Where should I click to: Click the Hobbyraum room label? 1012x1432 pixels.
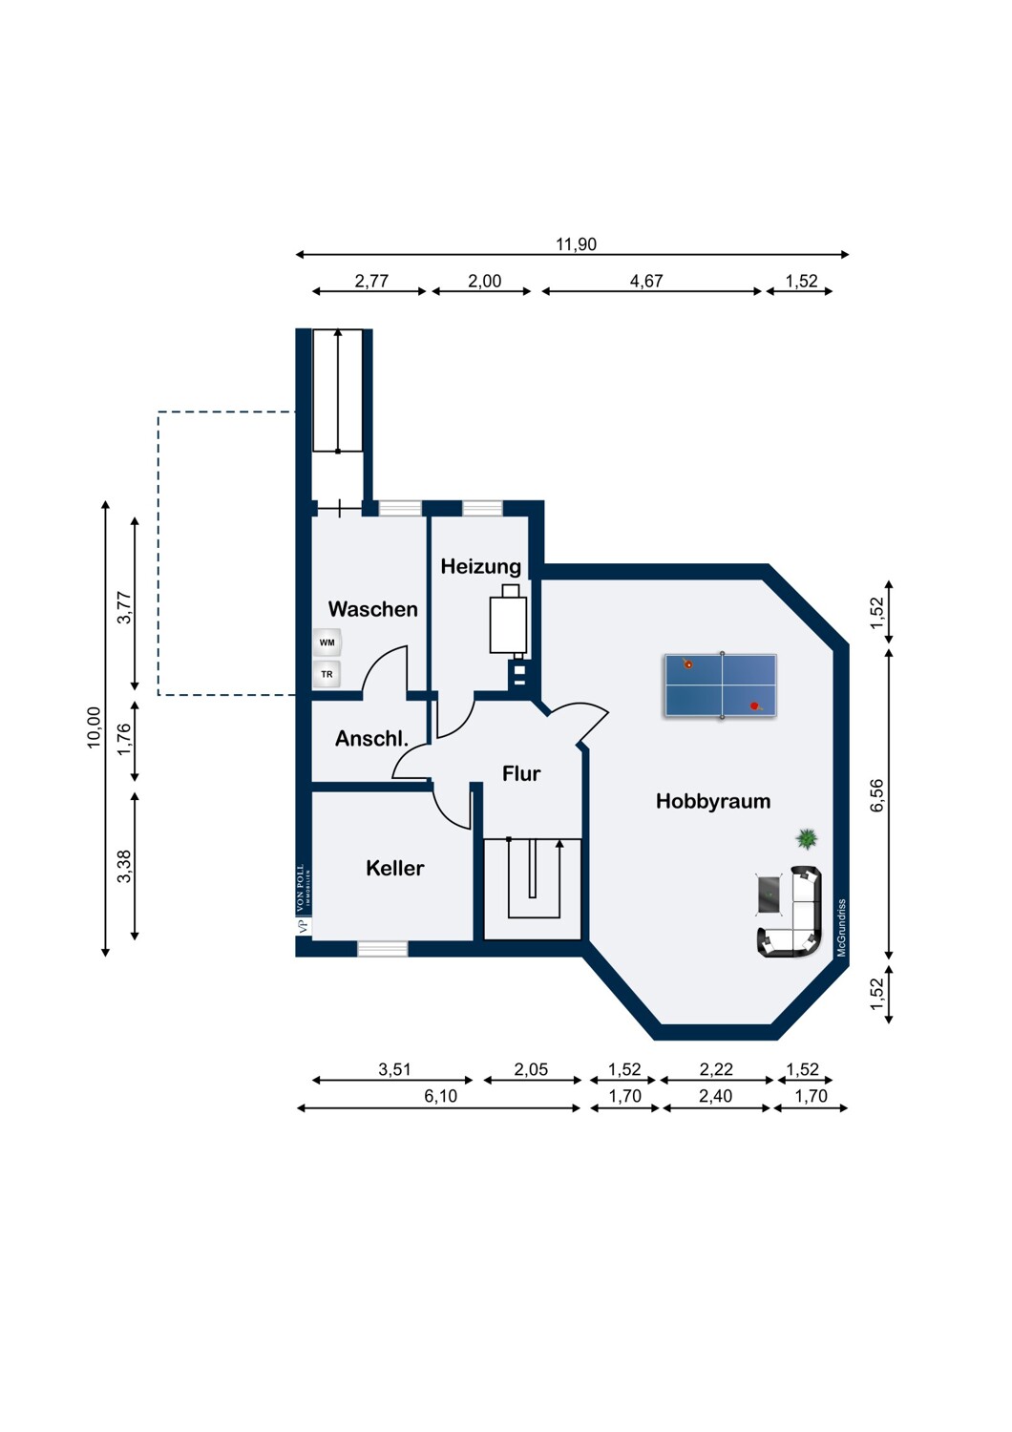click(x=713, y=802)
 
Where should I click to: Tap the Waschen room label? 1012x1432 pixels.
click(x=372, y=609)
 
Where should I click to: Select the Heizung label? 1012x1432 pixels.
click(x=481, y=566)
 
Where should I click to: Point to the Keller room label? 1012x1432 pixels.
click(x=395, y=868)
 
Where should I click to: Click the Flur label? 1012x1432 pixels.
click(x=521, y=773)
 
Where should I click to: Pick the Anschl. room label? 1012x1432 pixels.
click(x=371, y=739)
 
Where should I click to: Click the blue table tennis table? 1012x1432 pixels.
click(x=721, y=685)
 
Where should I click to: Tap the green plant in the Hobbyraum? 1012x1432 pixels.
click(x=807, y=838)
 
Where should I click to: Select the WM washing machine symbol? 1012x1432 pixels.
click(x=327, y=642)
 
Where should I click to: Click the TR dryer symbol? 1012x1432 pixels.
click(x=327, y=674)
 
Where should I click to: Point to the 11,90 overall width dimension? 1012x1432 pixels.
click(x=576, y=244)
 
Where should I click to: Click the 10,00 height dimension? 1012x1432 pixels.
click(x=95, y=727)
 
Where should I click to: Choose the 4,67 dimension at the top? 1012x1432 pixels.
click(x=646, y=282)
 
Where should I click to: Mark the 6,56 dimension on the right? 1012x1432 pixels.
click(x=877, y=795)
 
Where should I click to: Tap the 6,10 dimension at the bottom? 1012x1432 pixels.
click(x=440, y=1096)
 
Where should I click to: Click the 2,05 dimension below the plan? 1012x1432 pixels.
click(x=531, y=1069)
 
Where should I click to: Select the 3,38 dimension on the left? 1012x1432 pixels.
click(x=124, y=866)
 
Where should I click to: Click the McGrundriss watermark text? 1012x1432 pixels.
click(x=842, y=928)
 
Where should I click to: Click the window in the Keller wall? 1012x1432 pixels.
click(x=382, y=949)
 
